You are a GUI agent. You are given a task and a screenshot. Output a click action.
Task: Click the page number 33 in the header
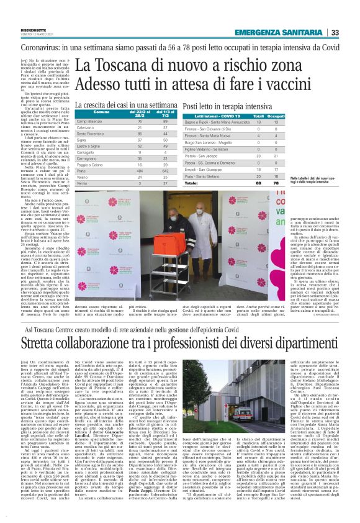351,33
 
